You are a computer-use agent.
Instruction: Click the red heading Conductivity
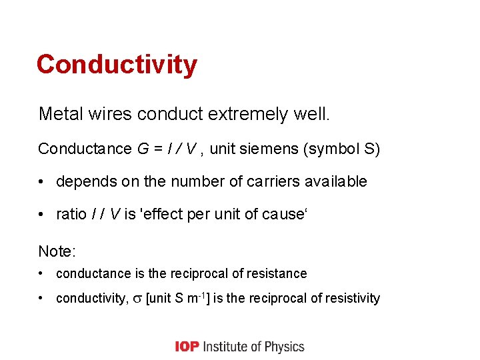tap(117, 65)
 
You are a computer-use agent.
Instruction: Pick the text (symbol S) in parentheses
tap(341, 148)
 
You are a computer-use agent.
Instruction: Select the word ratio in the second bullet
tap(71, 215)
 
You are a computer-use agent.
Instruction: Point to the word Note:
tap(57, 251)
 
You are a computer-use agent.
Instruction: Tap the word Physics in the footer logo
tap(285, 347)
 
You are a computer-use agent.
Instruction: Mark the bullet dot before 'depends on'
tap(43, 181)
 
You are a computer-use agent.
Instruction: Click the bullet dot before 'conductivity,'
tap(43, 298)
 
